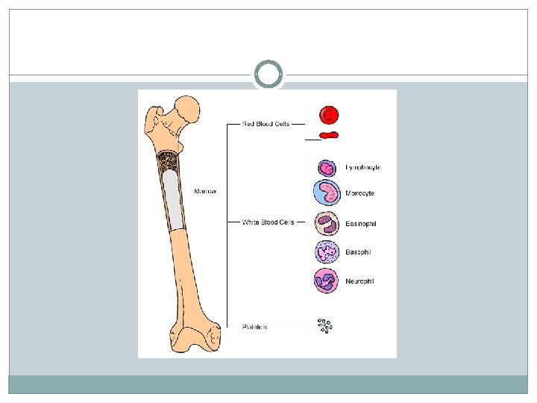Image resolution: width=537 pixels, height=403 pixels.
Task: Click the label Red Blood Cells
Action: pos(266,124)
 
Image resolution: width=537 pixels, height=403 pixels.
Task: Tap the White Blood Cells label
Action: pos(268,222)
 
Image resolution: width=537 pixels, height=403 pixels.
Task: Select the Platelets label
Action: pos(255,327)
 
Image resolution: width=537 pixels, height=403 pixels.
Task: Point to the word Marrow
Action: pos(206,192)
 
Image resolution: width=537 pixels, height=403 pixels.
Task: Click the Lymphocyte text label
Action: pos(363,167)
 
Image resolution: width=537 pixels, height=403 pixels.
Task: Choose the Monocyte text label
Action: pos(359,193)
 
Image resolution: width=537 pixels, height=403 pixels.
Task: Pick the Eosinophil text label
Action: pos(362,223)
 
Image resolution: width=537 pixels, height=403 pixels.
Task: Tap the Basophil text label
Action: pos(358,252)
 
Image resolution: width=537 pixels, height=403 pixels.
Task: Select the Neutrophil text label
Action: pos(359,281)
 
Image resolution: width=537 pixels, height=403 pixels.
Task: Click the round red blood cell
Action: pos(329,114)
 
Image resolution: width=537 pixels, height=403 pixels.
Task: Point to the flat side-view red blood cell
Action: pos(329,135)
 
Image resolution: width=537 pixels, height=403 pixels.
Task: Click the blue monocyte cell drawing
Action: pos(327,193)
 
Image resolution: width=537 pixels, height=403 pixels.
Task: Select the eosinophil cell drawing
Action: pos(327,222)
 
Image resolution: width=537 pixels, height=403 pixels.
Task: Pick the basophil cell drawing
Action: pos(327,252)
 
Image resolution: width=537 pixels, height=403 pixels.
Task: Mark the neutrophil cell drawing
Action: pos(327,281)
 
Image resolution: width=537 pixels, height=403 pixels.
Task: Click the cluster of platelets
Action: pos(324,326)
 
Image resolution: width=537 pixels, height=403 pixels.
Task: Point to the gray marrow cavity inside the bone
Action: pos(172,198)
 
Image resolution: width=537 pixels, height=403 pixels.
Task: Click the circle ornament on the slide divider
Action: pos(268,75)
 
